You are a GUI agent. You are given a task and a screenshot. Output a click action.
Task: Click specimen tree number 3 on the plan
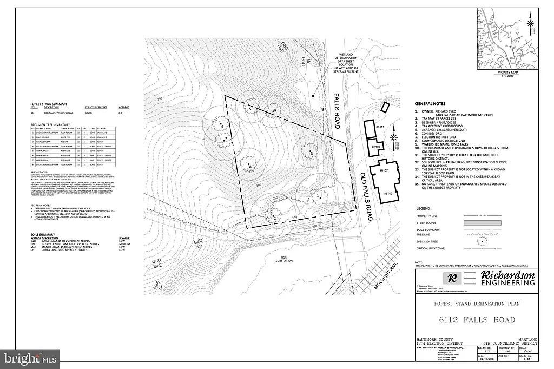click(x=311, y=154)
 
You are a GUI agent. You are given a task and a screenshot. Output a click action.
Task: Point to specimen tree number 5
click(x=250, y=109)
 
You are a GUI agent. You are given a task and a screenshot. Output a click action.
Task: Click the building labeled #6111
click(x=370, y=130)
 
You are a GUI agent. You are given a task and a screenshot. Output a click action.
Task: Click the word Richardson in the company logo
click(x=505, y=276)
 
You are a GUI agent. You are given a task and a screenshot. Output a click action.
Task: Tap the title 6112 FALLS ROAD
click(x=477, y=320)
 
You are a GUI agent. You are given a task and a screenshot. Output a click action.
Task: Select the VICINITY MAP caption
click(x=508, y=72)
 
